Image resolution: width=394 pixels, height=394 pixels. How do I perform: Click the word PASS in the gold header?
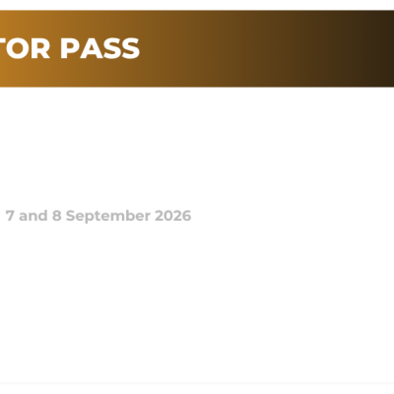tap(102, 48)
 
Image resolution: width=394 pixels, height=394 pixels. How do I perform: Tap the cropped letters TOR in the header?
tap(30, 48)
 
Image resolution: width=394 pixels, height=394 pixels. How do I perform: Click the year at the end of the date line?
tap(173, 215)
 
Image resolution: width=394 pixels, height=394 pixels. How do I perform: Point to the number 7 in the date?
tap(10, 215)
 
